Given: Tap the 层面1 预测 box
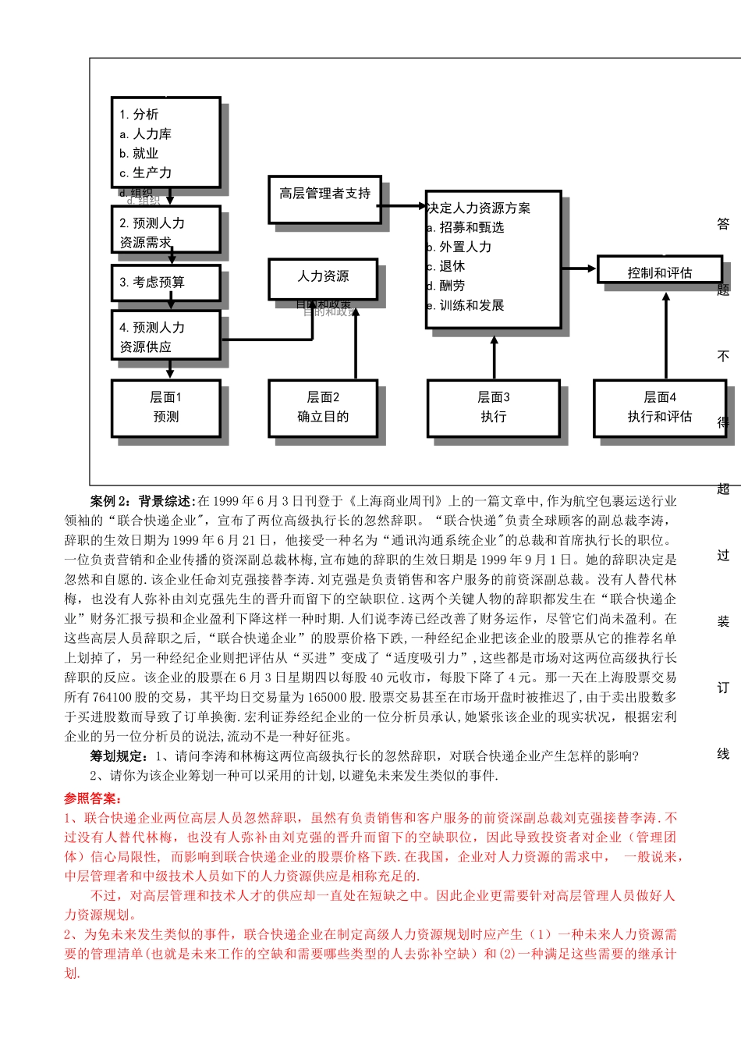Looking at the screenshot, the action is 165,407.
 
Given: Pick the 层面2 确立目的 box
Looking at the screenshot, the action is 323,407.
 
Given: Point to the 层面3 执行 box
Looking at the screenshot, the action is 493,407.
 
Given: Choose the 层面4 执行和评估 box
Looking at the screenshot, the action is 660,407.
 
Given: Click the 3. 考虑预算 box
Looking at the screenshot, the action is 165,283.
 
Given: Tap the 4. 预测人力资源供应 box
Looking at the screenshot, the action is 165,336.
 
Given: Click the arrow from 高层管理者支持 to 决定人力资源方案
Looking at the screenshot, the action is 403,206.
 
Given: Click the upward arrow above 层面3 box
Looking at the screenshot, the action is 494,357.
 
